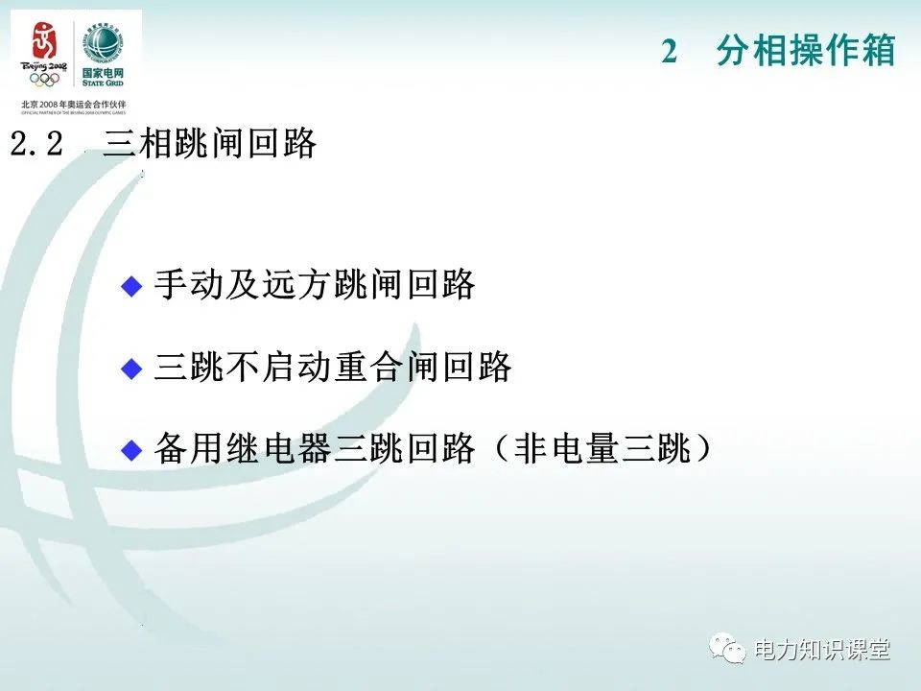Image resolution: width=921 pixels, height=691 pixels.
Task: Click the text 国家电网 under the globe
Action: pyautogui.click(x=103, y=72)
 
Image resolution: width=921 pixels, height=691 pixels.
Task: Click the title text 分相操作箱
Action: pyautogui.click(x=805, y=52)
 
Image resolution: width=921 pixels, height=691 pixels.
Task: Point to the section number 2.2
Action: pyautogui.click(x=36, y=145)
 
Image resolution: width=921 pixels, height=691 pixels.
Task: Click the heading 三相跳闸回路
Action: pyautogui.click(x=209, y=145)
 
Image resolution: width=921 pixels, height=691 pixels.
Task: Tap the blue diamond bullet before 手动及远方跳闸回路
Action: pyautogui.click(x=131, y=285)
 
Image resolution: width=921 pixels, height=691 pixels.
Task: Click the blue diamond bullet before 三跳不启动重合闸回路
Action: pyautogui.click(x=131, y=368)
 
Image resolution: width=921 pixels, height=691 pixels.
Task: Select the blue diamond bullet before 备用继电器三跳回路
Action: pyautogui.click(x=131, y=450)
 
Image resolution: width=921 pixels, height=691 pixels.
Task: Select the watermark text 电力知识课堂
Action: pyautogui.click(x=822, y=651)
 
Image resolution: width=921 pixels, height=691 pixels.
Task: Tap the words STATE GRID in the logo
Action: pyautogui.click(x=103, y=83)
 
